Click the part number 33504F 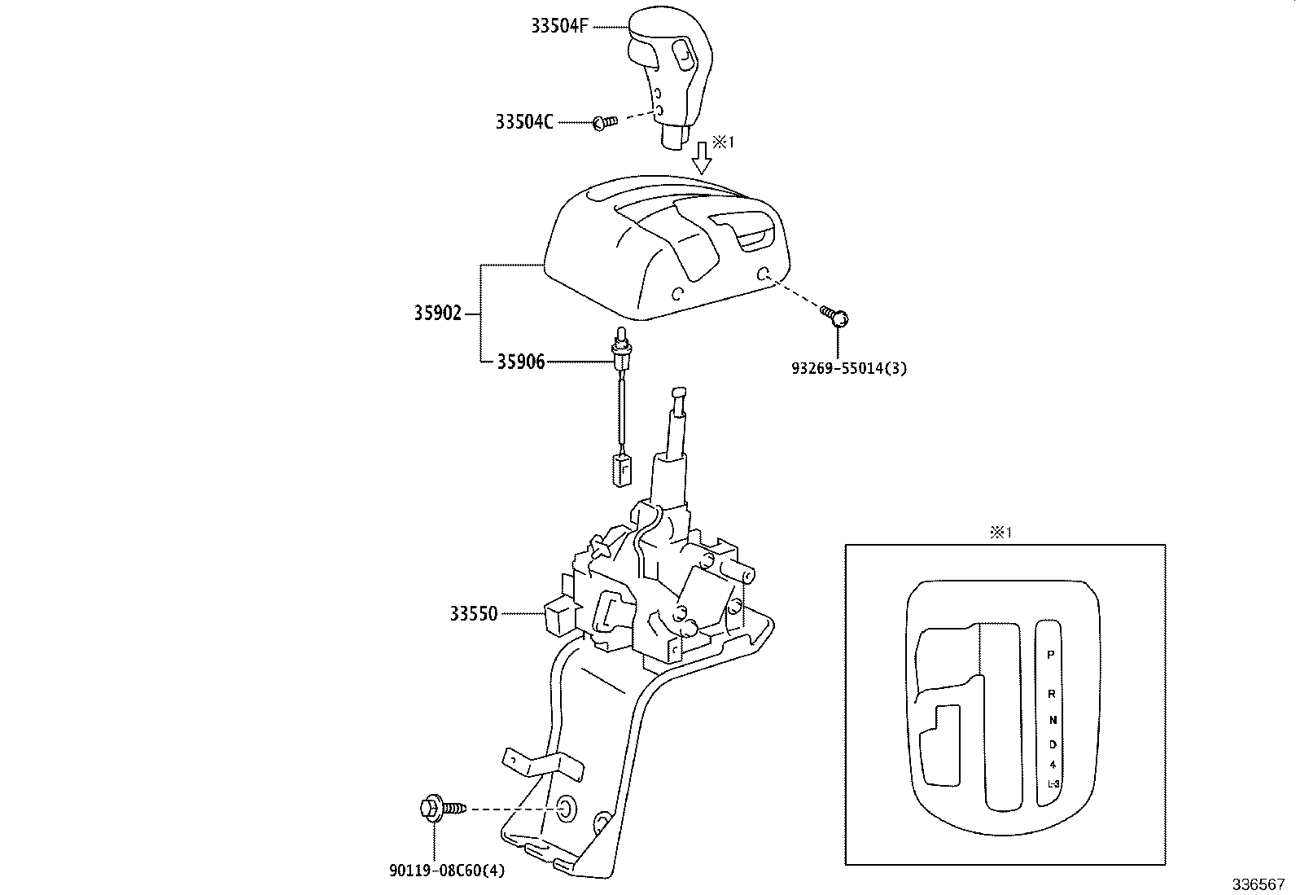click(x=559, y=26)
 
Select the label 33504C click(x=524, y=122)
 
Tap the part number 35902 click(x=437, y=314)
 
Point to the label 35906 click(x=521, y=362)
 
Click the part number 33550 click(x=473, y=613)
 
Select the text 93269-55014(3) click(x=849, y=368)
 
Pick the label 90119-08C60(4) click(x=446, y=871)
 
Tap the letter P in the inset click(x=1051, y=654)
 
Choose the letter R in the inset click(x=1051, y=694)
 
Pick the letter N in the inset click(x=1052, y=720)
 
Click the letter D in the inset click(x=1052, y=744)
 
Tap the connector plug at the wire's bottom click(x=621, y=471)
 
